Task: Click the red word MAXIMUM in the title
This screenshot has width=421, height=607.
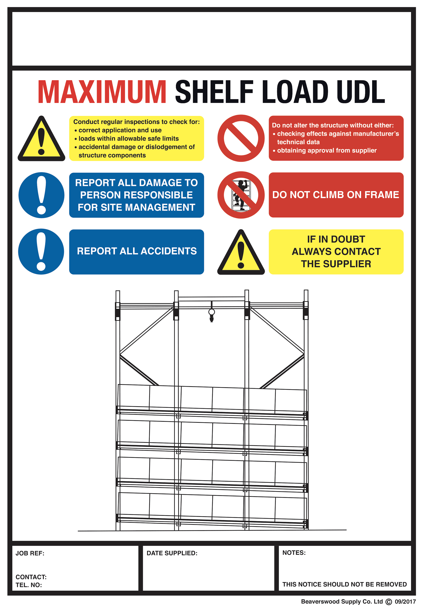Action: coord(102,92)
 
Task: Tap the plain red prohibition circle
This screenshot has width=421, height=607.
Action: coord(241,138)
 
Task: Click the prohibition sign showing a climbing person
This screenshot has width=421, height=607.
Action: coord(241,195)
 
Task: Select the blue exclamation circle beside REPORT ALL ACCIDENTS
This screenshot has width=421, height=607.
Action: coord(41,252)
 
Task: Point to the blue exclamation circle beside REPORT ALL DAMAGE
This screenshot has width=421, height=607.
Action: coord(41,195)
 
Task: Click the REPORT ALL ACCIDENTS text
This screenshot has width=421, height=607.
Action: coord(137,251)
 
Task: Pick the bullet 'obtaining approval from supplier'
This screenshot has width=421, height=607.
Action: coord(326,150)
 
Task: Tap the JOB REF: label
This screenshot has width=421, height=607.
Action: coord(30,553)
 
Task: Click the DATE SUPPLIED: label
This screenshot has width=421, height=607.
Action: coord(172,553)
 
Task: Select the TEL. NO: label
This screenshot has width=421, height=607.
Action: coord(28,585)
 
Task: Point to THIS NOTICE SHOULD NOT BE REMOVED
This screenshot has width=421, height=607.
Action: coord(344,584)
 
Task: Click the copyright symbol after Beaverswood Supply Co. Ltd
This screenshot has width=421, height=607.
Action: coord(389,602)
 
